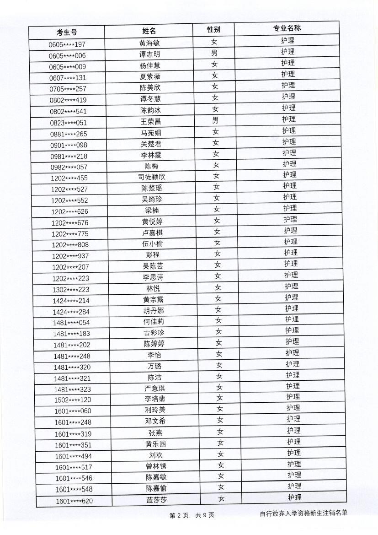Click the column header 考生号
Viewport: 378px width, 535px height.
click(67, 32)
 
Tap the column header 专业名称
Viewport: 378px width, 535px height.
click(287, 28)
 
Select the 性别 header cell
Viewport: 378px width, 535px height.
click(213, 30)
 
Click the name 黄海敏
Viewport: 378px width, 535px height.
click(149, 43)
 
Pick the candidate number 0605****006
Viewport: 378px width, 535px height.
click(67, 55)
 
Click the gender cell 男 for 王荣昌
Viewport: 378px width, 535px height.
click(215, 121)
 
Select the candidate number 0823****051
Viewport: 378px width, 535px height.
click(68, 123)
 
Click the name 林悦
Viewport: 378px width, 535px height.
click(153, 289)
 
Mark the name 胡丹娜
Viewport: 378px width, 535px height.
click(153, 311)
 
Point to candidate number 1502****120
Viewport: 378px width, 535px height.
click(73, 400)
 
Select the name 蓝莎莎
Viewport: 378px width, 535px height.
click(156, 500)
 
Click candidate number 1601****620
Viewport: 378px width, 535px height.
click(74, 501)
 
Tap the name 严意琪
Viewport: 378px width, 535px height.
click(154, 389)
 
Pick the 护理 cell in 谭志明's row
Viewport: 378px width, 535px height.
click(287, 52)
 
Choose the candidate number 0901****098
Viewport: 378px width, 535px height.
click(69, 145)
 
